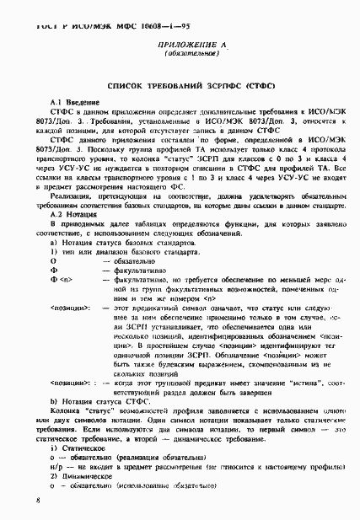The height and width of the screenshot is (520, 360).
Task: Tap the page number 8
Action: tap(39, 500)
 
